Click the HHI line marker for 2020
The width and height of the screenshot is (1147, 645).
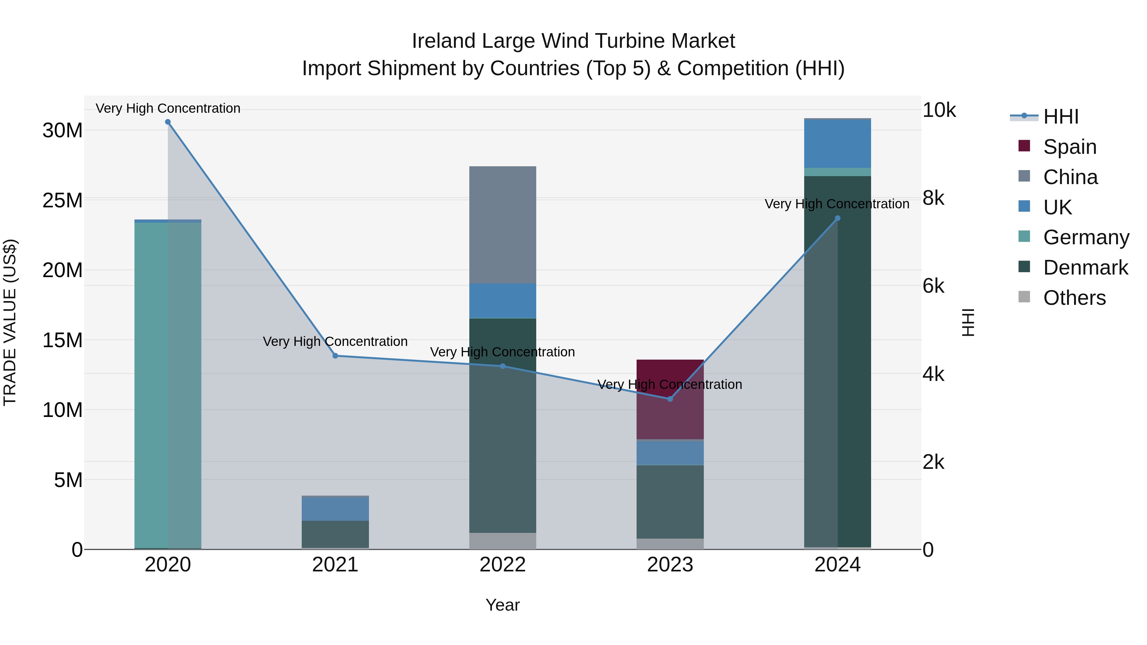(168, 122)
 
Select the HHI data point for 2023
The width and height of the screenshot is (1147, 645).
(670, 399)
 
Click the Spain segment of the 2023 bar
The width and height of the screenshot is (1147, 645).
(670, 399)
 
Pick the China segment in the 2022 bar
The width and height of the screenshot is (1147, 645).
(503, 225)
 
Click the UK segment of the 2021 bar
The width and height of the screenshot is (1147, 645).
(335, 508)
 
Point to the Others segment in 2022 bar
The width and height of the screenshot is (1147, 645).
(503, 541)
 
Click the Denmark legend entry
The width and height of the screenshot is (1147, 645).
(1085, 268)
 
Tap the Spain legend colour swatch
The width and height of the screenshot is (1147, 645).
(1024, 146)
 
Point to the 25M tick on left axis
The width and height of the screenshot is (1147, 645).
(62, 200)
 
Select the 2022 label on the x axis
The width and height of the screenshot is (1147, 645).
(503, 565)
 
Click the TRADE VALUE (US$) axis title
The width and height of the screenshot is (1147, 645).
(10, 322)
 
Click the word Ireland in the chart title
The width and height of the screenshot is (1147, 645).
(443, 41)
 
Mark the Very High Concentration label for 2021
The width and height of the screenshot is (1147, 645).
(335, 341)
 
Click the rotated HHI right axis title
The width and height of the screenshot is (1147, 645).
(968, 322)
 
